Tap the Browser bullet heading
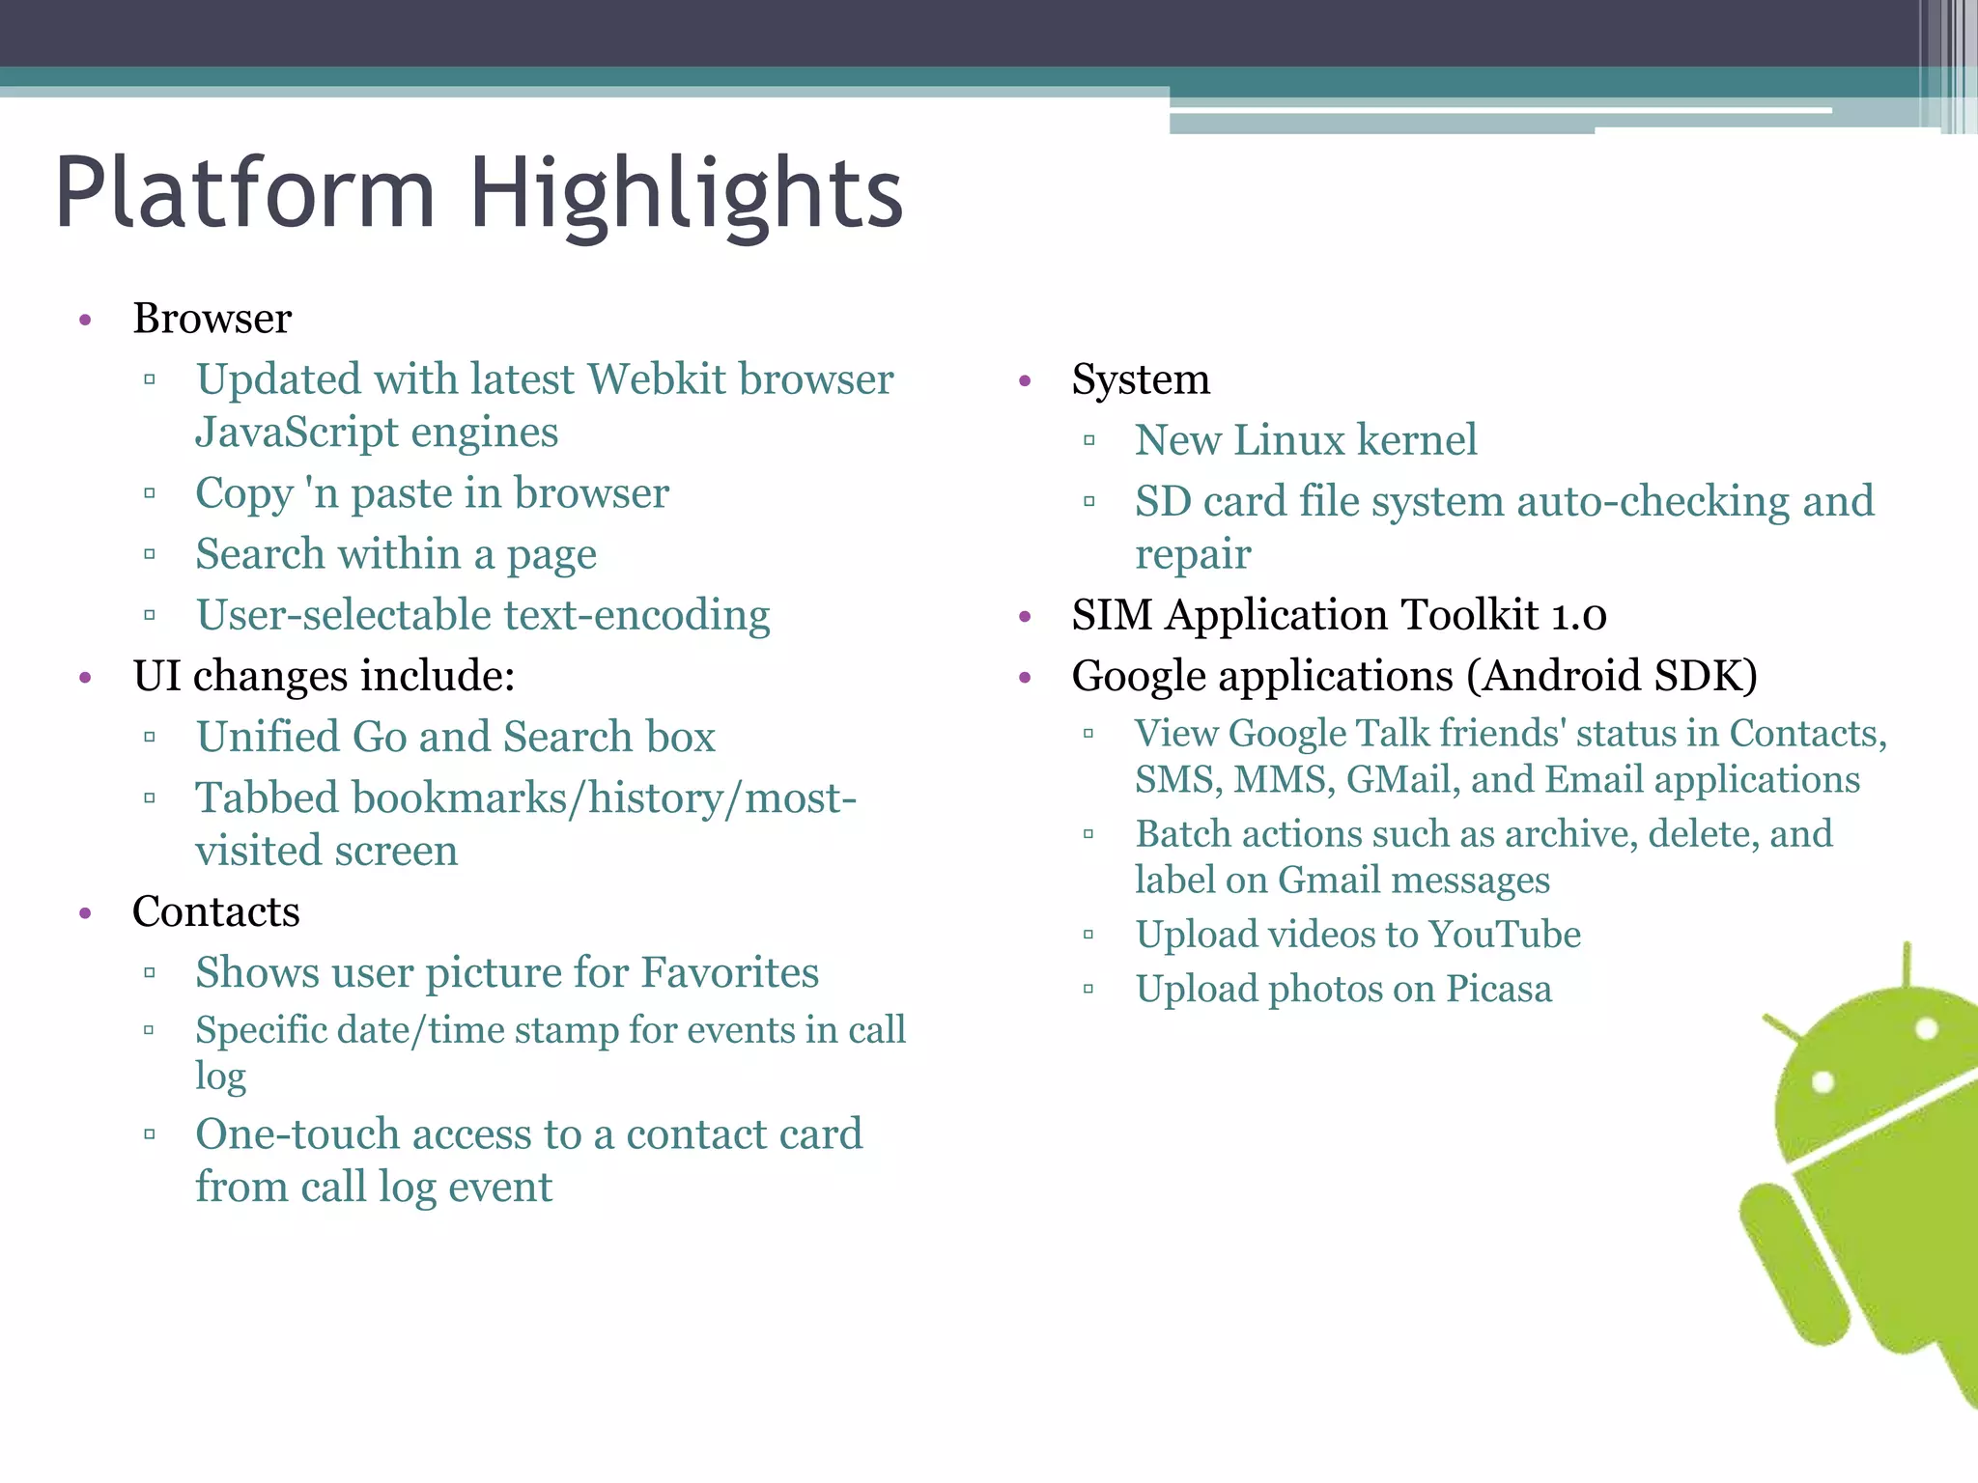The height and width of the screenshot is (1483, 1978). (212, 319)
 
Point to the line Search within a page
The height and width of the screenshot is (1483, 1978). (396, 554)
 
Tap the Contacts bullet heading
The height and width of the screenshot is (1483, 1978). (215, 911)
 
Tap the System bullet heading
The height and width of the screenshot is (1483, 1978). (1140, 379)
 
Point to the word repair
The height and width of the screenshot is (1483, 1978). (1193, 554)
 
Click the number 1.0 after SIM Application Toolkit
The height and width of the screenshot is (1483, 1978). (1578, 615)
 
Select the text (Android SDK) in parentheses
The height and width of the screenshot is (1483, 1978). (1611, 676)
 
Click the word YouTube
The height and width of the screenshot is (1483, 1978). (1504, 935)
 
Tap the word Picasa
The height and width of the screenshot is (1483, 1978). (1498, 989)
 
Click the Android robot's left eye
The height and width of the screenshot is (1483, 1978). (1823, 1081)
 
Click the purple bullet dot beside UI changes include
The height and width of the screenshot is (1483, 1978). (86, 678)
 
